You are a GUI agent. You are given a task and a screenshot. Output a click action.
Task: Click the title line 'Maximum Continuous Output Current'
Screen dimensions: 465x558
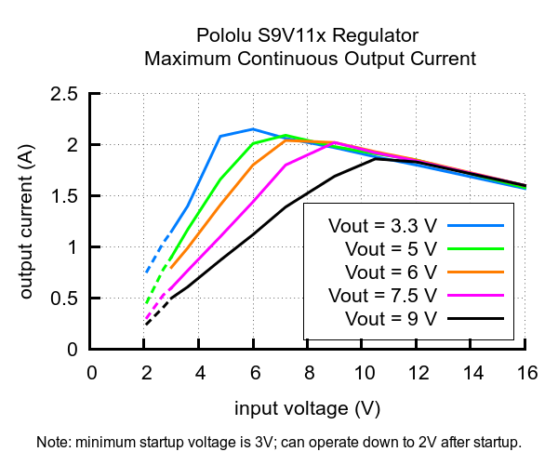click(x=310, y=59)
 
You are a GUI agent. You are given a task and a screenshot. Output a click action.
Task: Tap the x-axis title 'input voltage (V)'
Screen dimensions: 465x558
click(x=308, y=408)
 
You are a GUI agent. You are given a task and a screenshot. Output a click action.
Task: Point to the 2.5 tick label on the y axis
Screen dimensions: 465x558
click(x=64, y=94)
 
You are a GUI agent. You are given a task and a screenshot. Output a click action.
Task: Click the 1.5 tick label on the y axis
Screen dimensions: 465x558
click(x=64, y=196)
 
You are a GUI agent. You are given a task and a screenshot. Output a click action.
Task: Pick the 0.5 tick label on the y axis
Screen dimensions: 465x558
click(x=64, y=299)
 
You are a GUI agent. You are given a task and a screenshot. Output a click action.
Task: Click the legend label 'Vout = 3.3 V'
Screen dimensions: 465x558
click(x=382, y=225)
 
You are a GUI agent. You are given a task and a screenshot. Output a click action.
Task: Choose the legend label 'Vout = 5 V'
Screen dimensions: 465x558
click(x=390, y=248)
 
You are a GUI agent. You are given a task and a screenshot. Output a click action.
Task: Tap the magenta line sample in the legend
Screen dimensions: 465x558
click(x=475, y=295)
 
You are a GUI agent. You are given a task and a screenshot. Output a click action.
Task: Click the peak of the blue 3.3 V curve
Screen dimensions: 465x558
click(x=253, y=129)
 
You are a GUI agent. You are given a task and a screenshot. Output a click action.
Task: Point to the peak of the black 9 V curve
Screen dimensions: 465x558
click(x=376, y=158)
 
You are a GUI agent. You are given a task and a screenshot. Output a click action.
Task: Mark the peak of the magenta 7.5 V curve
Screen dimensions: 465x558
click(x=335, y=142)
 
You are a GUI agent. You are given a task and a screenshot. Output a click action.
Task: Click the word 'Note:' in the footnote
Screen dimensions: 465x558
click(x=53, y=442)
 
